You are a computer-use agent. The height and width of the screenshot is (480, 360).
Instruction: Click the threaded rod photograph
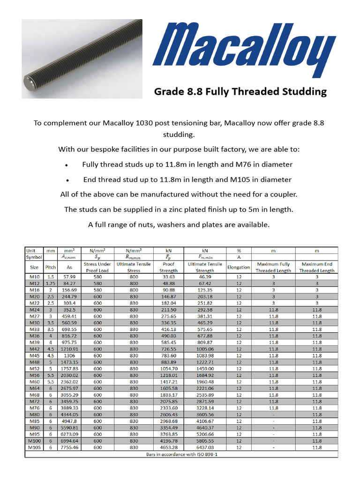pyautogui.click(x=82, y=59)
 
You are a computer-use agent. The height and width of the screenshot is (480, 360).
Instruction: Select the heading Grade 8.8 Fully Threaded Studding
pyautogui.click(x=240, y=91)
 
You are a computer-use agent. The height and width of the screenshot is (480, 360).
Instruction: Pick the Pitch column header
pyautogui.click(x=50, y=267)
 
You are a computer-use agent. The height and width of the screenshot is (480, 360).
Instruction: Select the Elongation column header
pyautogui.click(x=239, y=267)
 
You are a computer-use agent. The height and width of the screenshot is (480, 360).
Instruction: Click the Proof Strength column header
pyautogui.click(x=168, y=267)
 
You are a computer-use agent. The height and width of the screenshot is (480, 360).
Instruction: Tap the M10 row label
pyautogui.click(x=34, y=277)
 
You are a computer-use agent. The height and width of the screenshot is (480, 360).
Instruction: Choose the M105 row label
pyautogui.click(x=34, y=448)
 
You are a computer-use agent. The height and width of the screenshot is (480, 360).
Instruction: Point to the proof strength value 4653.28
pyautogui.click(x=168, y=448)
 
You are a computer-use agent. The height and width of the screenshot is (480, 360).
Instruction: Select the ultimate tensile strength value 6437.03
pyautogui.click(x=205, y=448)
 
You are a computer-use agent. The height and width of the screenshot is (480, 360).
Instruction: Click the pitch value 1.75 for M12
pyautogui.click(x=50, y=284)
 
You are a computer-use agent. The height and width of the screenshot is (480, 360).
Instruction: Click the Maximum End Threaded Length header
pyautogui.click(x=317, y=267)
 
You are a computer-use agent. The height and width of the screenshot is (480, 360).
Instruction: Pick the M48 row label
pyautogui.click(x=34, y=362)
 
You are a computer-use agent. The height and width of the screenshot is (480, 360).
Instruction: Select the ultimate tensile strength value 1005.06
pyautogui.click(x=205, y=349)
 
